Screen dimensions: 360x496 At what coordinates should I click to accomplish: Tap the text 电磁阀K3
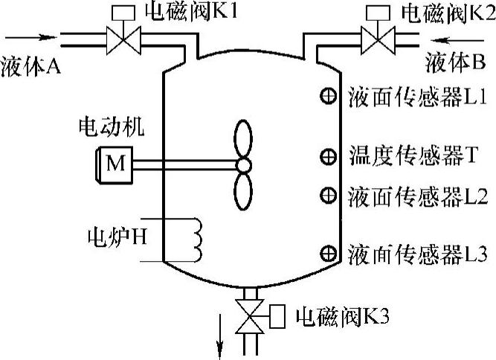coord(342,318)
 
